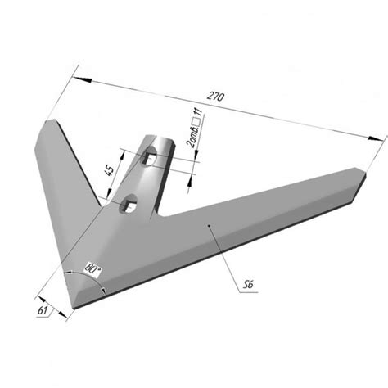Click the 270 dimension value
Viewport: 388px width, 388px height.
click(216, 97)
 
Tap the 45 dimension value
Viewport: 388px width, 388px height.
click(109, 170)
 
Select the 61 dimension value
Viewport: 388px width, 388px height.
click(43, 310)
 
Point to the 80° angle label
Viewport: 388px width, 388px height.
click(92, 268)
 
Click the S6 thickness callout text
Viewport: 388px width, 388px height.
click(248, 285)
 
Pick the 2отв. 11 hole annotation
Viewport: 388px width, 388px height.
click(196, 128)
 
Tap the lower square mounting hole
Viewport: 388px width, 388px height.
click(128, 204)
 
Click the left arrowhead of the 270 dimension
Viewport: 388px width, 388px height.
click(82, 79)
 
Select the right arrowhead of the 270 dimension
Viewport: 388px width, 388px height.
click(376, 138)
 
